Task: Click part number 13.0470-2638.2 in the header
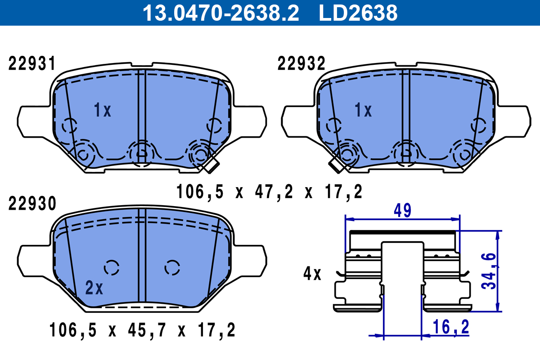(x=220, y=13)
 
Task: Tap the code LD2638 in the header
(x=358, y=13)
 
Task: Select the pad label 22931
(x=32, y=64)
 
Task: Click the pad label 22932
(x=301, y=64)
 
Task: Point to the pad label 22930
(x=32, y=204)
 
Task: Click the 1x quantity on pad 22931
(x=103, y=110)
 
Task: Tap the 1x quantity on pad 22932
(x=363, y=110)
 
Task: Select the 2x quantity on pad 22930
(x=94, y=288)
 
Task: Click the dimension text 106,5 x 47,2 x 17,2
(x=269, y=192)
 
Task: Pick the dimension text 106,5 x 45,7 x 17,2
(x=142, y=331)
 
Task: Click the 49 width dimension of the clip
(x=402, y=211)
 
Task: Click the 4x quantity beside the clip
(x=312, y=274)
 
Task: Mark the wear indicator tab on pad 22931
(x=210, y=166)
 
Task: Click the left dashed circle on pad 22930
(x=112, y=267)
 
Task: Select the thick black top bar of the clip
(x=402, y=232)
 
